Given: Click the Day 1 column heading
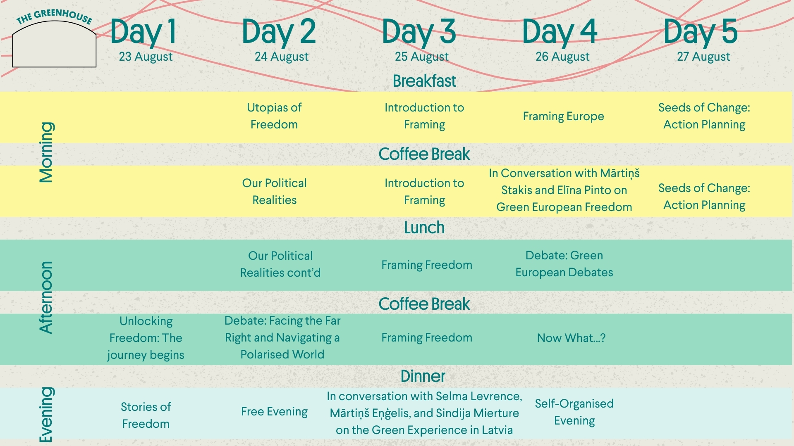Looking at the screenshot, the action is (143, 32).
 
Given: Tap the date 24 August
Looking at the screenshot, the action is (282, 57).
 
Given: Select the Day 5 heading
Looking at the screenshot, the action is (701, 32).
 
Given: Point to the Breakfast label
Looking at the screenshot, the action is (424, 81).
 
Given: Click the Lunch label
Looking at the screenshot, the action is (424, 228).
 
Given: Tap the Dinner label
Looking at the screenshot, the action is (423, 376).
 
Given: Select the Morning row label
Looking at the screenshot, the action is (46, 152).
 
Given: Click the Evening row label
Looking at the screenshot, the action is (46, 415).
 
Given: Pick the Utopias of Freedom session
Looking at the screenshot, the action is (274, 116).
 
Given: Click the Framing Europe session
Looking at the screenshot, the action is (564, 116).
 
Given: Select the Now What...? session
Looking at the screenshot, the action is (572, 338).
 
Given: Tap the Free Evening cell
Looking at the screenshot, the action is (275, 412).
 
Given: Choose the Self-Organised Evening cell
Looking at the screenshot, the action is (574, 412).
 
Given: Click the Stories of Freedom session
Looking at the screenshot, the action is (146, 415).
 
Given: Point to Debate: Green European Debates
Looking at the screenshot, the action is (564, 264).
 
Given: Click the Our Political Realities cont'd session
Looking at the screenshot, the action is (280, 264).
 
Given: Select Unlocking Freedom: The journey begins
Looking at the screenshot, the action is (146, 338).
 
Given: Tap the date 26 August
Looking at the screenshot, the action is (562, 57).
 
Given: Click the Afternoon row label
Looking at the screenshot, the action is (46, 297).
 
